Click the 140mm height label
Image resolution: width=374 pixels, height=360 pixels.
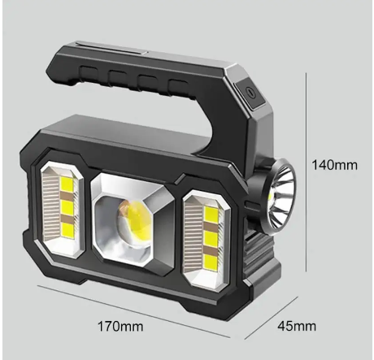pyautogui.click(x=334, y=165)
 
